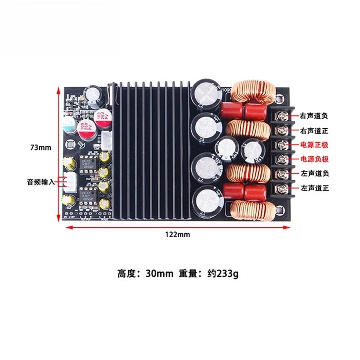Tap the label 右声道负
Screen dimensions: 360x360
(x=314, y=116)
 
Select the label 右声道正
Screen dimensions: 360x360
(x=314, y=130)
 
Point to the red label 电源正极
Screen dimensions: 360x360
(x=314, y=145)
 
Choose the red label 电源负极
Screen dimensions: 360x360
(x=314, y=159)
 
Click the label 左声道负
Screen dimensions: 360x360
(x=314, y=174)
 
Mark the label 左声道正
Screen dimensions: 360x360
(x=314, y=188)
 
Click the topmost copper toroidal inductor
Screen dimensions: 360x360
(x=250, y=92)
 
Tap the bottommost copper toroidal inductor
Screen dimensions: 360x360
(x=252, y=210)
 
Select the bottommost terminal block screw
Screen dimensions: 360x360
(x=283, y=188)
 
